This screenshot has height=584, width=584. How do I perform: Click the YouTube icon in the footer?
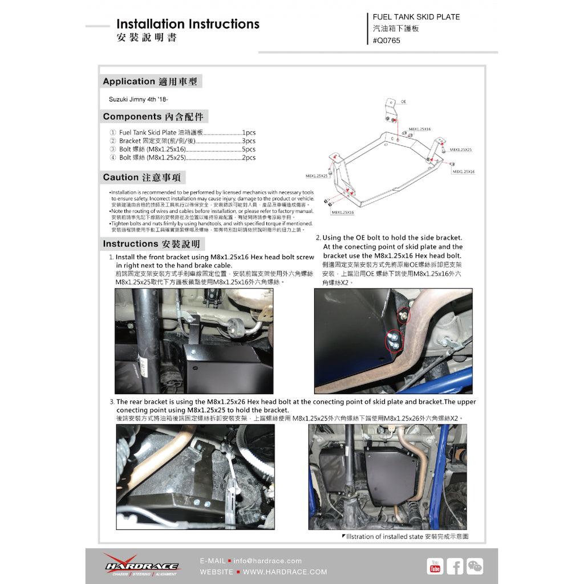(435, 566)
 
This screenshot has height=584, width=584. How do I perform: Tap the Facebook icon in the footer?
(455, 566)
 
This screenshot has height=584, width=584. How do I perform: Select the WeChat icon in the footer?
(474, 566)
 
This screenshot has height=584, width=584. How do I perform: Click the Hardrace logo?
(141, 565)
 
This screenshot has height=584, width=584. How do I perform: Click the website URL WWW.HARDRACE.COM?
(285, 571)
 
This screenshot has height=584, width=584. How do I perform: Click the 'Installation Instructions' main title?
(188, 24)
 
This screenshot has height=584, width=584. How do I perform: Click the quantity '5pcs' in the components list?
(249, 149)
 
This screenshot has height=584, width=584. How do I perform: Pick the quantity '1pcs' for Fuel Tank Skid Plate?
(249, 132)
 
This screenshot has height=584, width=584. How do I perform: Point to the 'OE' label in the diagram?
(403, 101)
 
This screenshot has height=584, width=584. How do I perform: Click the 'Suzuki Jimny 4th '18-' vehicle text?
(138, 99)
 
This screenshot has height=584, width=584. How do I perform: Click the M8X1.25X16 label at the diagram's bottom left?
(342, 212)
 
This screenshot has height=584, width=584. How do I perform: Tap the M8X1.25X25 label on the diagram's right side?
(460, 149)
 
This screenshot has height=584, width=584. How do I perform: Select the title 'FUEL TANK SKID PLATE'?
(416, 17)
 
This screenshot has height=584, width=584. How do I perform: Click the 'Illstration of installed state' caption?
(407, 537)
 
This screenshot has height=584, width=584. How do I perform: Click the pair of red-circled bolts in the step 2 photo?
(394, 340)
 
